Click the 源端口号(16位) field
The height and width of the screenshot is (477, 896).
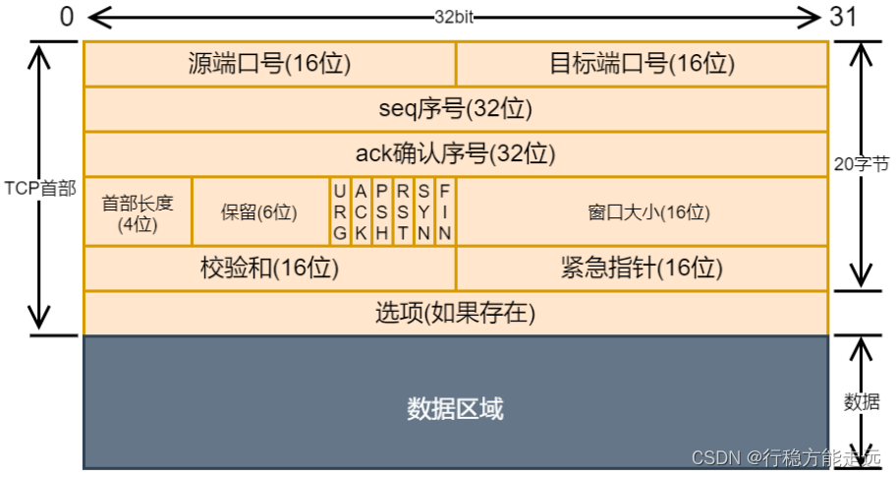[269, 64]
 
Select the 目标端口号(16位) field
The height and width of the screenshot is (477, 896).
[642, 64]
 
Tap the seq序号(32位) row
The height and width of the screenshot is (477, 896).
[455, 109]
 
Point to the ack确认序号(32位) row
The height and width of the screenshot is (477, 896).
[455, 154]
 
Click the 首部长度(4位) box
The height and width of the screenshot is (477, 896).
[138, 212]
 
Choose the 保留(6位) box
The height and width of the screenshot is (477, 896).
[259, 212]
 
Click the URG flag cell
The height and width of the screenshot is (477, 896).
[340, 211]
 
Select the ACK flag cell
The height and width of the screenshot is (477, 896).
[361, 211]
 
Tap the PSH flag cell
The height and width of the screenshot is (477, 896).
[382, 211]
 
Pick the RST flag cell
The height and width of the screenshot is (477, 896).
[403, 211]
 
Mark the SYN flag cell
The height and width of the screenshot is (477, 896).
[423, 211]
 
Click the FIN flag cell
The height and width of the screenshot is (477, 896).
[444, 211]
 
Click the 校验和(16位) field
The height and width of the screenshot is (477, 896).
[269, 268]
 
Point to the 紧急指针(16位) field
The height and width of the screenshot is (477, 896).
[642, 268]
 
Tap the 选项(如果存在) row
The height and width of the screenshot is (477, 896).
[455, 313]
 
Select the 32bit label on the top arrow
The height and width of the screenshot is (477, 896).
[455, 17]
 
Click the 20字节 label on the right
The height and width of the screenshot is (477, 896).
[861, 165]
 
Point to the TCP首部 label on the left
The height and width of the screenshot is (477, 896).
[39, 188]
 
